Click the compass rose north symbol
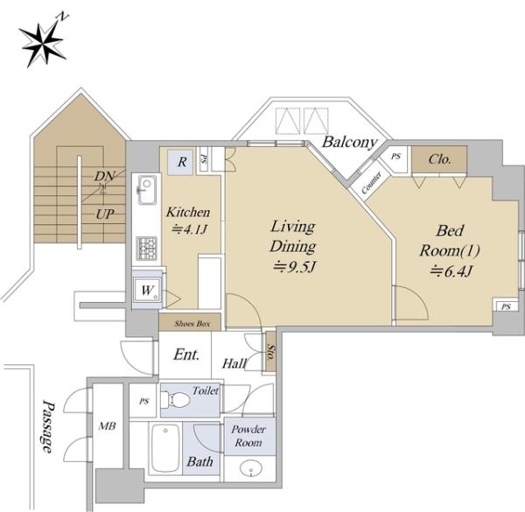(43, 41)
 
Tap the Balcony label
(349, 143)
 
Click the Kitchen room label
(188, 212)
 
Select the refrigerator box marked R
(180, 162)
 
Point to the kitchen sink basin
(147, 190)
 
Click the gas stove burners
(147, 249)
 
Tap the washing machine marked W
(147, 290)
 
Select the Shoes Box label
(192, 324)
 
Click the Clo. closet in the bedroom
(439, 159)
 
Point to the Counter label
(371, 183)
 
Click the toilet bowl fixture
(175, 399)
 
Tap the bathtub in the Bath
(165, 448)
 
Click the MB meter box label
(107, 426)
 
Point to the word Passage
(47, 426)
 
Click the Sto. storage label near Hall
(270, 352)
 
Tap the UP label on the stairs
(105, 214)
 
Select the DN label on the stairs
(104, 176)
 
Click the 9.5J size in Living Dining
(295, 267)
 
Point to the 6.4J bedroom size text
(451, 271)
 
